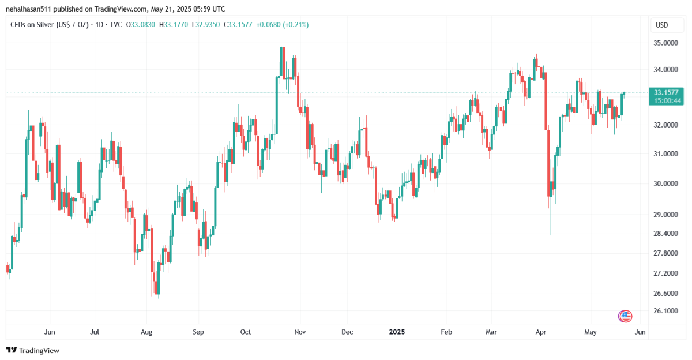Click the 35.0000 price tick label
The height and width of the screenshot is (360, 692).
664,43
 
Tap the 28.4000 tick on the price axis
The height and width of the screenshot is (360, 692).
664,234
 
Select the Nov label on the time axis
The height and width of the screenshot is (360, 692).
299,332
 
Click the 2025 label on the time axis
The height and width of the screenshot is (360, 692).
397,332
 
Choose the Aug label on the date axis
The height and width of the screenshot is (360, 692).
146,332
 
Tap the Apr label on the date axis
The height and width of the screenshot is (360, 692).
541,332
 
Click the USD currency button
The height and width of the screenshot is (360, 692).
661,25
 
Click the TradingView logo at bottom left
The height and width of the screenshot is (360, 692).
33,350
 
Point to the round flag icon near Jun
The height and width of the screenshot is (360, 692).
625,316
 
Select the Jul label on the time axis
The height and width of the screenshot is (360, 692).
95,332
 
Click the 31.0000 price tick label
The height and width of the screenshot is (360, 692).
664,154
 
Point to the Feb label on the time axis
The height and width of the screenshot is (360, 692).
446,332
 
